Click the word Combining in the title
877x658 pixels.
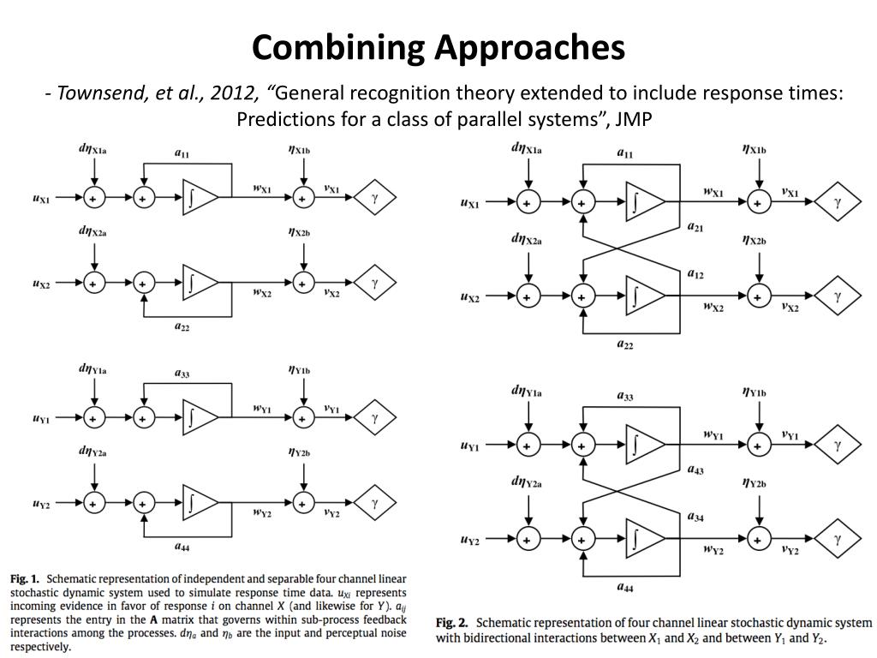pos(339,49)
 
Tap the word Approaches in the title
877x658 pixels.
pos(530,49)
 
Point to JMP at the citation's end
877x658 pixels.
pos(634,119)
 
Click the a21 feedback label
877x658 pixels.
pos(695,227)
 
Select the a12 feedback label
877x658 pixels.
pos(695,274)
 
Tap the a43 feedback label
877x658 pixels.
pos(695,470)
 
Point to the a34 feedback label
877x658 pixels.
pos(695,517)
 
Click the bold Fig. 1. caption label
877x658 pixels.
pos(25,579)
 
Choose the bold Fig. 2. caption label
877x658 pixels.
pos(451,623)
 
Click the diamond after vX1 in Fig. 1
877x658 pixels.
pos(375,197)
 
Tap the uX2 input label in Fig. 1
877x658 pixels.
pos(41,284)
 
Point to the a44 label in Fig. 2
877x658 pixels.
pos(624,587)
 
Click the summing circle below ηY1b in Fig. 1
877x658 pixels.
pos(303,417)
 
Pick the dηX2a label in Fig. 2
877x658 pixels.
pos(527,240)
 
